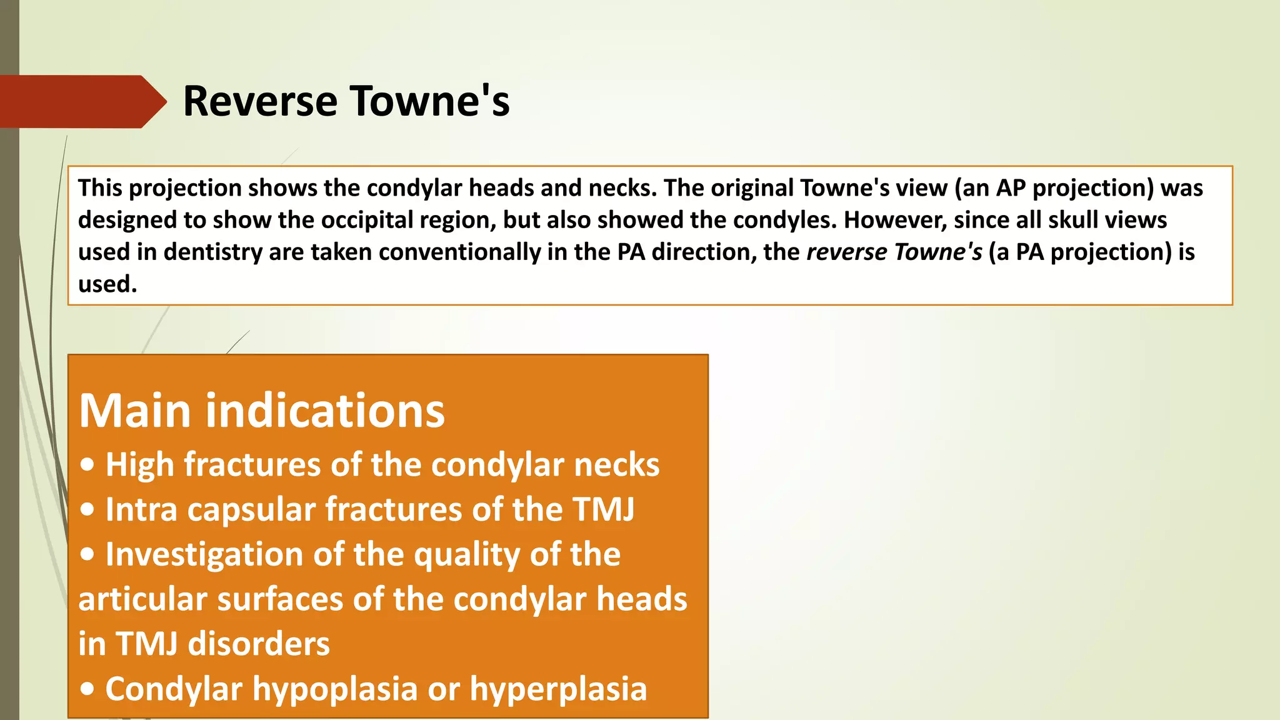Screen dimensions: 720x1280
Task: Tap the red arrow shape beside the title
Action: tap(81, 101)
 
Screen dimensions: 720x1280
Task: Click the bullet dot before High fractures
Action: tap(88, 465)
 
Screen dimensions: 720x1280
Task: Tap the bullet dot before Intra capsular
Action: tap(88, 510)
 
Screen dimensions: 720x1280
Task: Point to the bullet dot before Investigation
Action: tap(88, 554)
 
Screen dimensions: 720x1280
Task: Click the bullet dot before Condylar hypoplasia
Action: tap(88, 689)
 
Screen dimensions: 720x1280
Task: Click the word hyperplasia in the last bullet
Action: tap(557, 689)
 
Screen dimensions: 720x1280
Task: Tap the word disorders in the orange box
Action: tap(259, 644)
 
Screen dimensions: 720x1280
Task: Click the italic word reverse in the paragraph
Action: tap(846, 252)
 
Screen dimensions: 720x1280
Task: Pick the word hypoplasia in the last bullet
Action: tap(334, 689)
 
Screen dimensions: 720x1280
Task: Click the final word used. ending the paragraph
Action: tap(107, 284)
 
